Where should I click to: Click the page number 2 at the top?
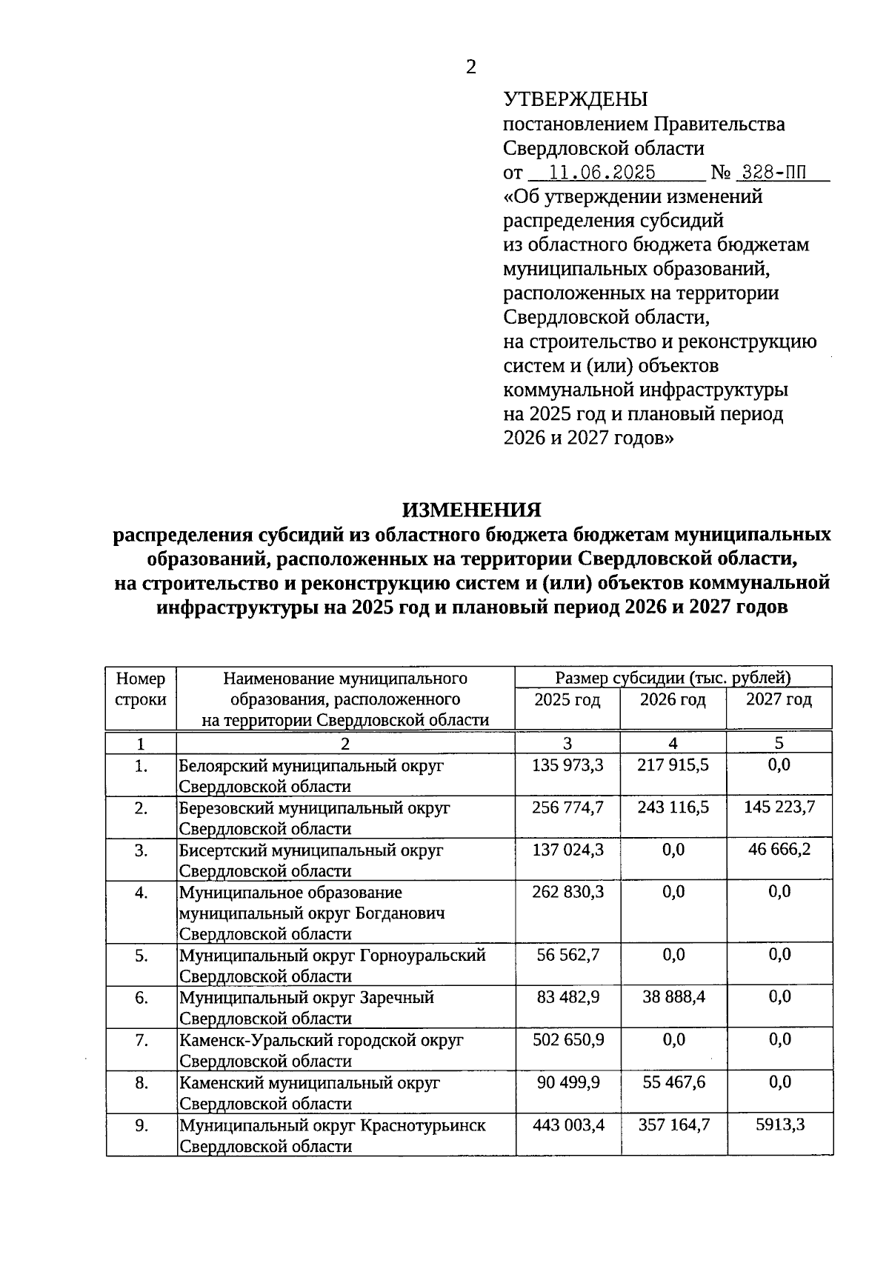pyautogui.click(x=470, y=67)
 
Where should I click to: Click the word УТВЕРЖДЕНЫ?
pyautogui.click(x=575, y=99)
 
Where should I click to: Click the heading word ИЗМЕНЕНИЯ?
pyautogui.click(x=471, y=510)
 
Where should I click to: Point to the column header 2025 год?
pyautogui.click(x=567, y=700)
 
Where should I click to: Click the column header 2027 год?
pyautogui.click(x=779, y=700)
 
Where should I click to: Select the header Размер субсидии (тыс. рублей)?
pyautogui.click(x=673, y=677)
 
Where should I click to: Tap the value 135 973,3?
pyautogui.click(x=567, y=764)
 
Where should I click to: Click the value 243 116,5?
pyautogui.click(x=673, y=807)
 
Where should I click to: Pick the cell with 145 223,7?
pyautogui.click(x=779, y=807)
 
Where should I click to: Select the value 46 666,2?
pyautogui.click(x=779, y=849)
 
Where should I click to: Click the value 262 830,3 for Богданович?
pyautogui.click(x=567, y=892)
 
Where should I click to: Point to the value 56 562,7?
pyautogui.click(x=567, y=955)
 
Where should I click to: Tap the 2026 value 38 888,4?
pyautogui.click(x=673, y=997)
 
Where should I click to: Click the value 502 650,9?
pyautogui.click(x=567, y=1040)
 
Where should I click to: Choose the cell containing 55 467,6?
pyautogui.click(x=673, y=1082)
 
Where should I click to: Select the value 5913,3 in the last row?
pyautogui.click(x=779, y=1125)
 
